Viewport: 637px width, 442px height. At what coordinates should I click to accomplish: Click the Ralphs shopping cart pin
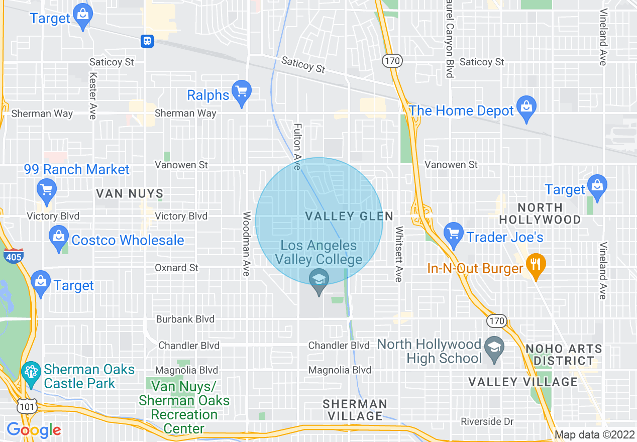(x=242, y=92)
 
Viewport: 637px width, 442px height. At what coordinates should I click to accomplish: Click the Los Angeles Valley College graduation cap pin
(x=318, y=280)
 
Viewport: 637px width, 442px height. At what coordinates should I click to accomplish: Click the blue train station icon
(x=147, y=41)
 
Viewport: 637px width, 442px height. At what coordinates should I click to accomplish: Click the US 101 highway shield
(x=25, y=406)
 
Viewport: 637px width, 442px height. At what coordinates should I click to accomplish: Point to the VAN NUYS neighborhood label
(x=130, y=193)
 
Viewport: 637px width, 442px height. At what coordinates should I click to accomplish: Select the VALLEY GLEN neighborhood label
(x=349, y=216)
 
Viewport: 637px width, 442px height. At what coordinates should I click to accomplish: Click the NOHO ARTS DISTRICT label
(x=564, y=355)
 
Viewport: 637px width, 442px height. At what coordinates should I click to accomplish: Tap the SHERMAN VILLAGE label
(x=355, y=410)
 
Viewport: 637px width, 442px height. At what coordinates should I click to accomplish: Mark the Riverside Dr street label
(x=487, y=421)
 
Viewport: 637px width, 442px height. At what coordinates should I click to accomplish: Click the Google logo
(x=34, y=430)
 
